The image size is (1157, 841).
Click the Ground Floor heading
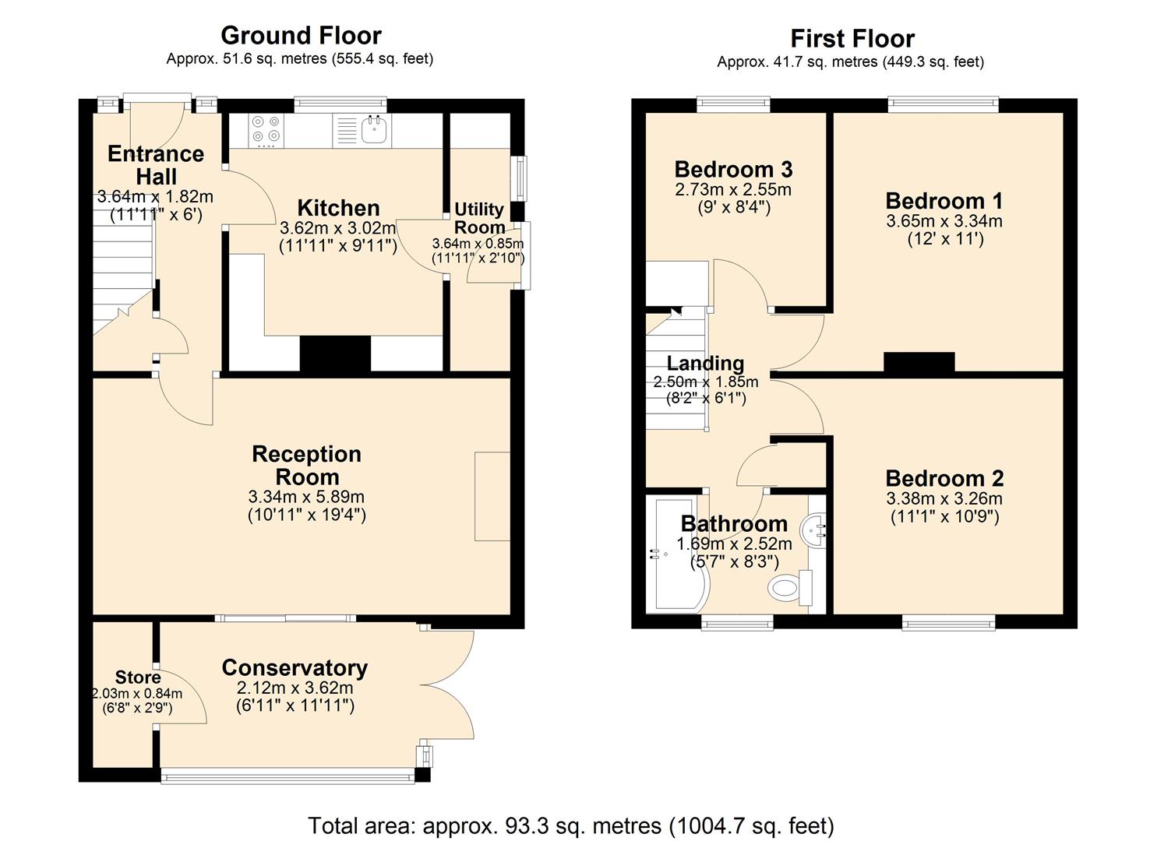[x=301, y=35]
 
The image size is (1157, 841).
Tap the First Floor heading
[x=852, y=38]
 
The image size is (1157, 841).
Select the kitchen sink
[x=375, y=131]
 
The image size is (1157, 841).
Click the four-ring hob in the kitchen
[x=266, y=130]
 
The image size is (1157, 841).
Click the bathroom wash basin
[x=817, y=530]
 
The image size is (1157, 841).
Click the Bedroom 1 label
[x=944, y=201]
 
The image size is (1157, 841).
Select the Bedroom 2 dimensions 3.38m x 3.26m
[x=944, y=498]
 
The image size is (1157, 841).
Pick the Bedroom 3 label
[x=733, y=169]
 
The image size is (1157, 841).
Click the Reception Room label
[x=306, y=466]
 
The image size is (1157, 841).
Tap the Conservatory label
[x=295, y=667]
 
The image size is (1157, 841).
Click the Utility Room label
[x=479, y=218]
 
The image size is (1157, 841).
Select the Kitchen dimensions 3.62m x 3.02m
[x=338, y=229]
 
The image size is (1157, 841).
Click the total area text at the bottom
[x=571, y=825]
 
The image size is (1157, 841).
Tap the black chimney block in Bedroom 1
[x=919, y=362]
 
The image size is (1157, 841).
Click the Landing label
[x=705, y=363]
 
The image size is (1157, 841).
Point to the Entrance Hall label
[x=156, y=165]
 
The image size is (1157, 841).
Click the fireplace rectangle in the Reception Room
[x=492, y=496]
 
